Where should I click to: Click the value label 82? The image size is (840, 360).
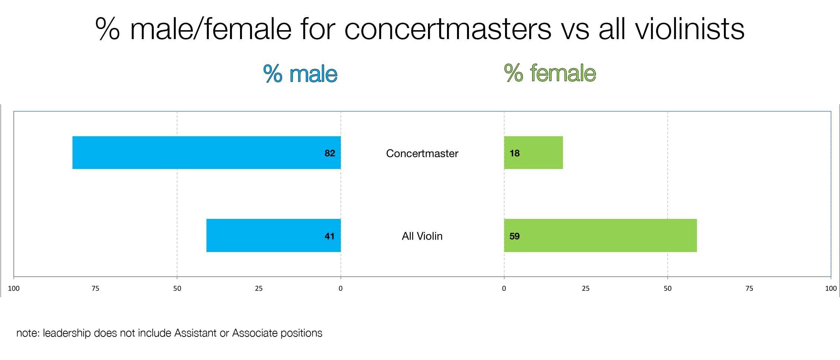click(x=330, y=153)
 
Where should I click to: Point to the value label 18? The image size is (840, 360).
click(x=515, y=153)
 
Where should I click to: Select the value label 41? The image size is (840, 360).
click(x=330, y=236)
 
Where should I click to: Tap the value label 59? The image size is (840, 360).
click(x=515, y=236)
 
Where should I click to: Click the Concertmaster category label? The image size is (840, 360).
click(x=422, y=153)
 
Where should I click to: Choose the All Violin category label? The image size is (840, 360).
click(x=422, y=236)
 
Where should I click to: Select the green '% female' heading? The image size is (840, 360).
click(x=550, y=73)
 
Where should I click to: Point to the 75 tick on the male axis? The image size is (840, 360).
click(x=95, y=289)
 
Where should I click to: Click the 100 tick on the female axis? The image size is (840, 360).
click(x=831, y=289)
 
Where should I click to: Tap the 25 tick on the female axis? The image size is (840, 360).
click(x=586, y=289)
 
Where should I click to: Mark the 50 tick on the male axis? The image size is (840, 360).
click(x=177, y=289)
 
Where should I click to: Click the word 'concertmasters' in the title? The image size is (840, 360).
click(x=447, y=29)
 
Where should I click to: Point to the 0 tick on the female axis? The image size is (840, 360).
click(x=504, y=289)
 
